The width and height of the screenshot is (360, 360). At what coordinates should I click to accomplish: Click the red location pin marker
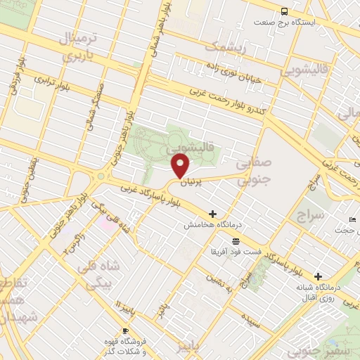pos(181,166)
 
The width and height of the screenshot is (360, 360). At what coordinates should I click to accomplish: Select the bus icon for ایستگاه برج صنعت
pos(284,11)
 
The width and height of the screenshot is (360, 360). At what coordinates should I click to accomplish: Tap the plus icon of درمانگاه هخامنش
pos(212,213)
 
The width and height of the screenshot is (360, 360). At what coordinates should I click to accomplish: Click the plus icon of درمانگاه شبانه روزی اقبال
pos(318,276)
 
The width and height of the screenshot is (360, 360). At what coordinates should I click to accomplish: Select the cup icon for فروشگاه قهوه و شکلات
pos(126,330)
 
